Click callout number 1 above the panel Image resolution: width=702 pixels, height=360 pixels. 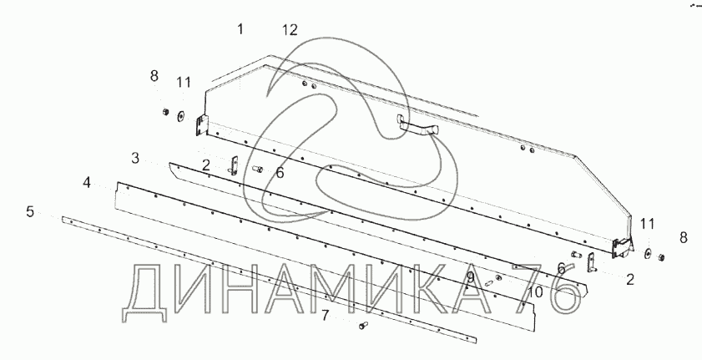click(240, 29)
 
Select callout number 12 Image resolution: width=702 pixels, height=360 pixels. click(290, 30)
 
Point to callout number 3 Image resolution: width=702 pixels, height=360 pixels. click(135, 158)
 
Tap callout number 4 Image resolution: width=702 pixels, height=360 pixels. click(87, 183)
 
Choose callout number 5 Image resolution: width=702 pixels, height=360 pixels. click(30, 211)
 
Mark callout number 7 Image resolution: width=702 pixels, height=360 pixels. click(325, 316)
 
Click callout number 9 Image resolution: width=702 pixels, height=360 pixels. click(470, 278)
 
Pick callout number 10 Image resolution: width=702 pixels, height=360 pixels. click(535, 292)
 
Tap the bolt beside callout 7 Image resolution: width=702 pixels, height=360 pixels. click(363, 325)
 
